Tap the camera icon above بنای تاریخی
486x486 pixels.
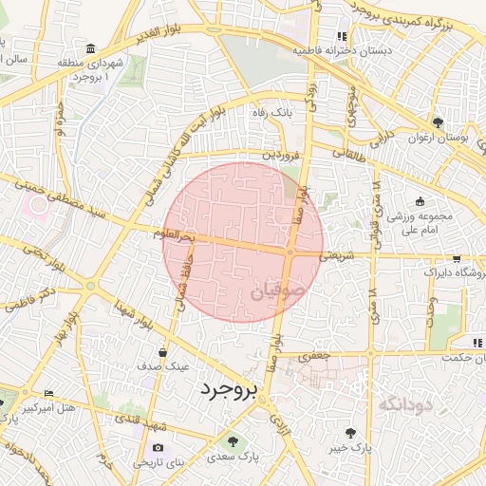click(x=158, y=447)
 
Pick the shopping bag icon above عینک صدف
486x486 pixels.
click(x=163, y=352)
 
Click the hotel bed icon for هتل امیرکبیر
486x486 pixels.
click(x=48, y=393)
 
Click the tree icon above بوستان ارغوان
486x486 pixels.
click(x=438, y=122)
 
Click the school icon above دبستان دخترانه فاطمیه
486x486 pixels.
click(x=341, y=37)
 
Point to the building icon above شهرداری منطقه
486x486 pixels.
click(x=90, y=48)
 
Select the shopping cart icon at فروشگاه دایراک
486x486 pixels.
click(x=457, y=258)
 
